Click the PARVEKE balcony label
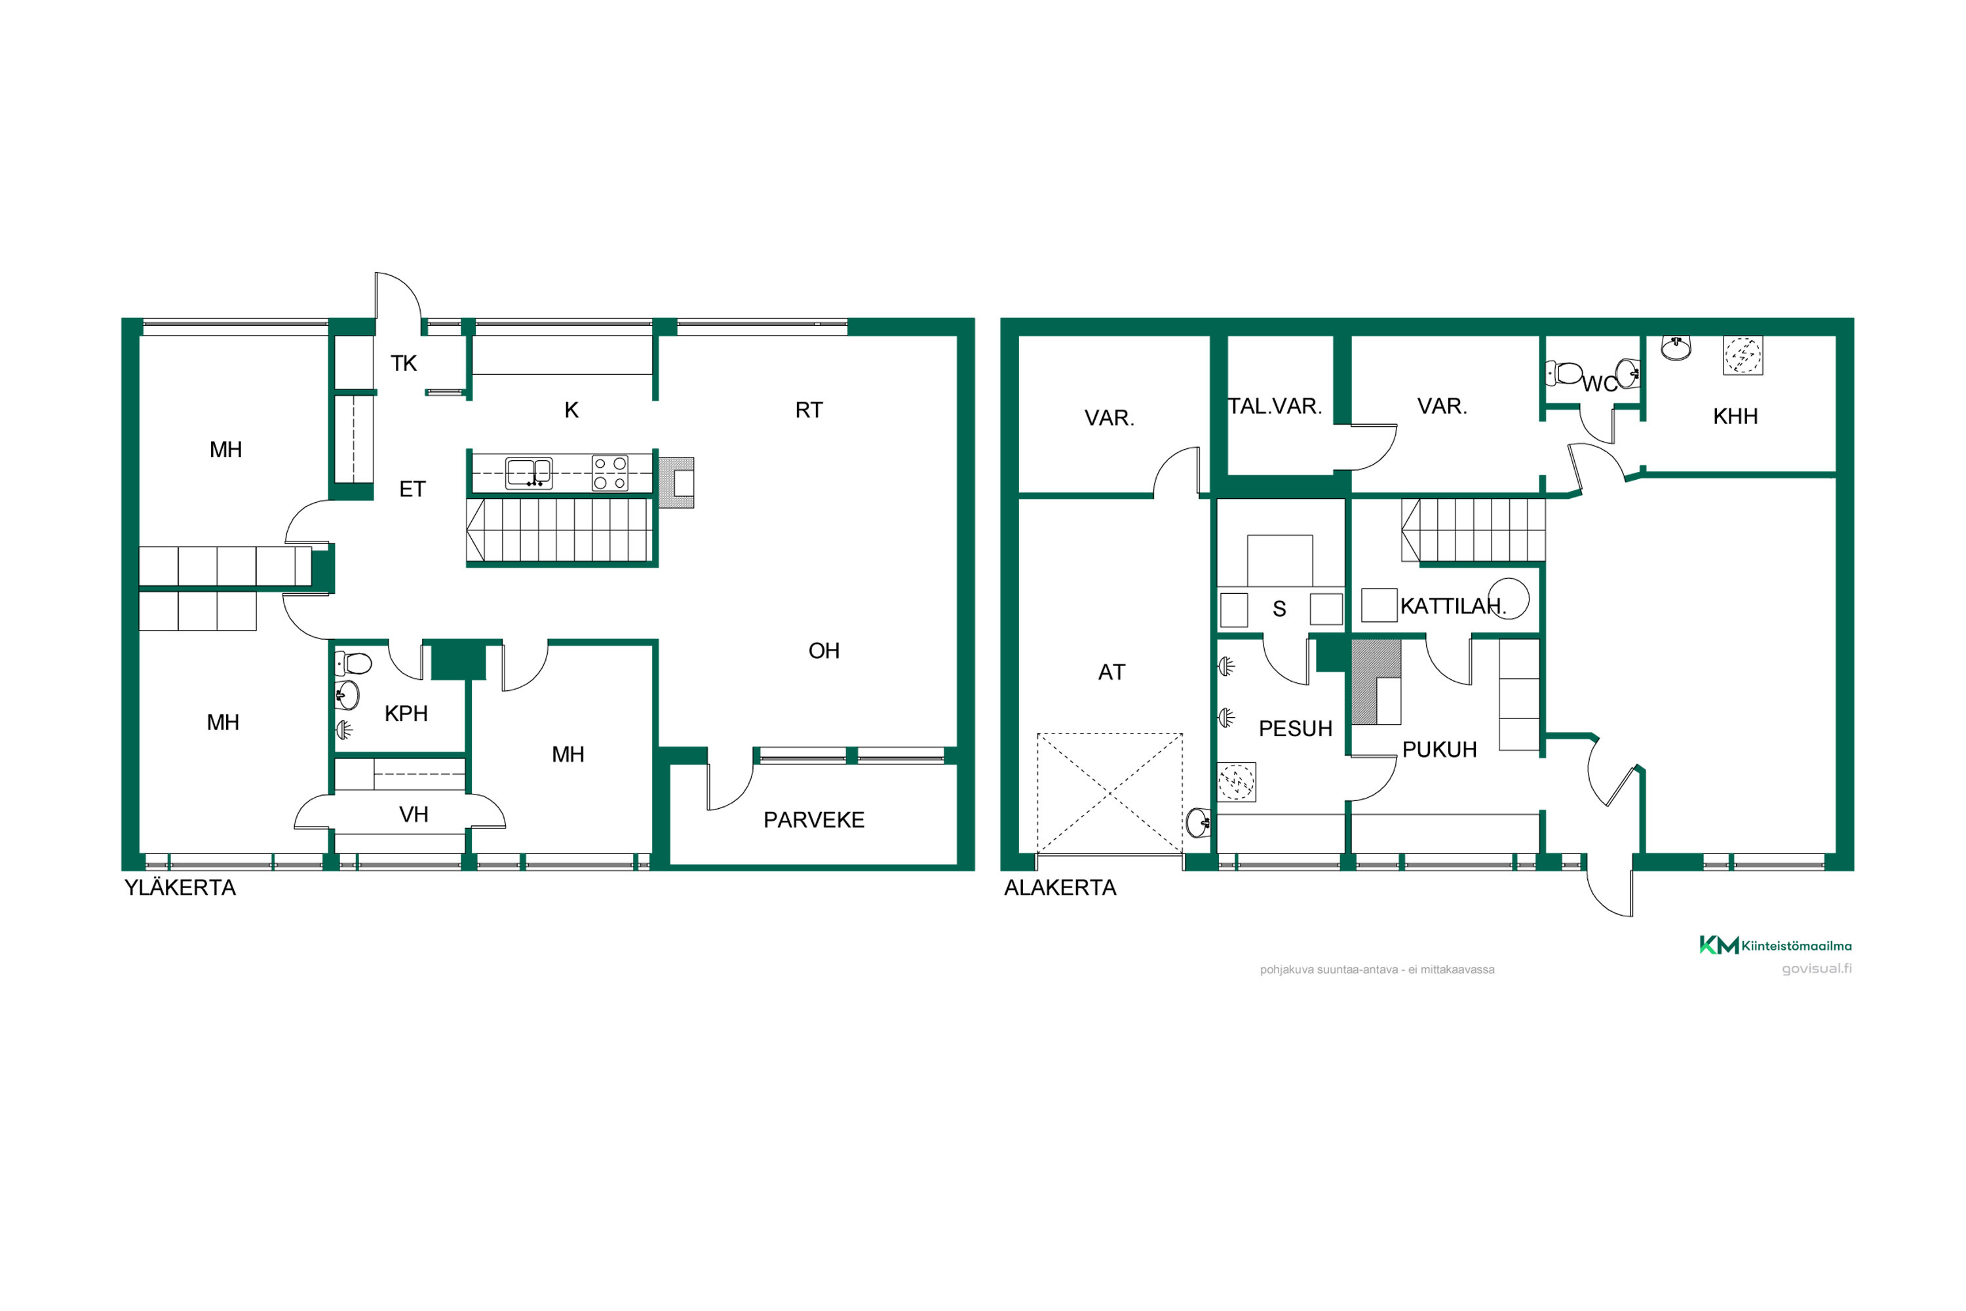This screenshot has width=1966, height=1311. pos(813,820)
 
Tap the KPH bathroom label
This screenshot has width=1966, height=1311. pos(406,713)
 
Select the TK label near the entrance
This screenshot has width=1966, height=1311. pos(404,363)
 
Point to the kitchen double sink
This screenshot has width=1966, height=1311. pos(528,473)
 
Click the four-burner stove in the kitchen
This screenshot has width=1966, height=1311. pos(610,473)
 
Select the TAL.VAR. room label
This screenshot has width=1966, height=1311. pos(1275,406)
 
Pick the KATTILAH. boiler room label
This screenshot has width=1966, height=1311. pos(1453,606)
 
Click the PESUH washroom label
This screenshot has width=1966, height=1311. pos(1296,729)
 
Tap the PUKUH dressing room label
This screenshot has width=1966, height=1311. pos(1439,750)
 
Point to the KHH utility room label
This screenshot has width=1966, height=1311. pos(1735,416)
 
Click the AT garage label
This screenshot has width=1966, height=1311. pos(1111,673)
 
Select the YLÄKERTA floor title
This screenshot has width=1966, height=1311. pos(180,888)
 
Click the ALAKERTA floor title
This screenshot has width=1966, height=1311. pos(1060,888)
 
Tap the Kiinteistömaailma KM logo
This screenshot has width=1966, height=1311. pos(1775,946)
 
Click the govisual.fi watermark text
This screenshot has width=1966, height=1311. pos(1817,969)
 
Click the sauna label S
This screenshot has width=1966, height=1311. pos(1279,610)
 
